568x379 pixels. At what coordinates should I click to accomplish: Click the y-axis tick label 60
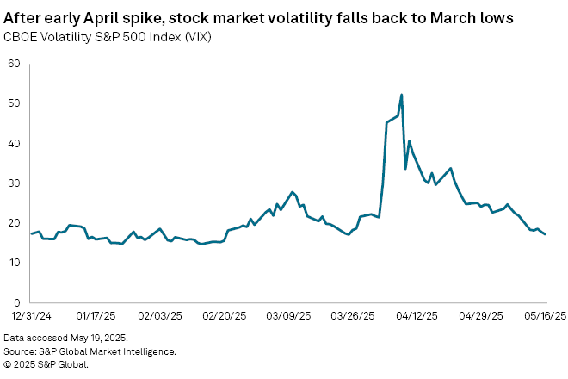coord(15,63)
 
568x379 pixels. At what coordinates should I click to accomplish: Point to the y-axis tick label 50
coord(15,103)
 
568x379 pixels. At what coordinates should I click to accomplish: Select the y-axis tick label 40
coord(15,143)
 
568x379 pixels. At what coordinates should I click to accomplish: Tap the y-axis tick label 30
coord(15,183)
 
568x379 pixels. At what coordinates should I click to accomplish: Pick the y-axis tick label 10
coord(15,262)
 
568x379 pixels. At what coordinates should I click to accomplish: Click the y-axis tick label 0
coord(17,302)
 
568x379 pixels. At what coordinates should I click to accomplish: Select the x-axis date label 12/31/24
coord(32,315)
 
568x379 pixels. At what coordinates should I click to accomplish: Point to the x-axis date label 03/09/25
coord(289,315)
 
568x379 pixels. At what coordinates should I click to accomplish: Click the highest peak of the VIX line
coord(402,95)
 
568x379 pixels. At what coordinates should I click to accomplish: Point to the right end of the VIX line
coord(546,234)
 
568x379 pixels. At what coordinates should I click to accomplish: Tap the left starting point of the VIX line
coord(32,233)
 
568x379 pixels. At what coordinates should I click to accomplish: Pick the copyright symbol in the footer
coord(7,363)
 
